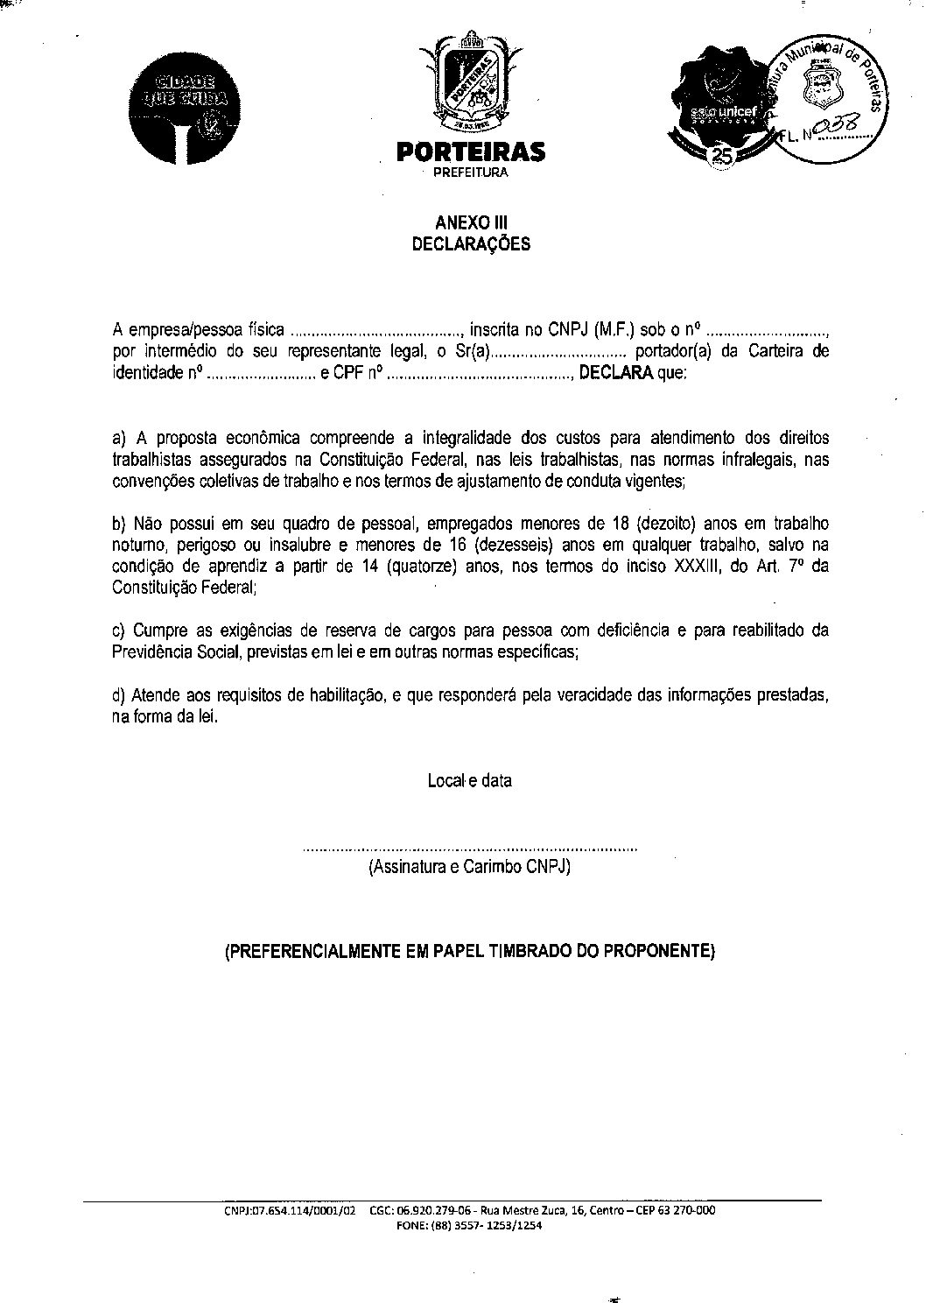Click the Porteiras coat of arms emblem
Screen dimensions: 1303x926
click(x=471, y=83)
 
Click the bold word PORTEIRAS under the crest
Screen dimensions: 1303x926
click(x=471, y=152)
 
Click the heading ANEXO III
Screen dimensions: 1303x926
click(x=471, y=223)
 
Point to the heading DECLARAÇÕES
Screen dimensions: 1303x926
click(x=471, y=244)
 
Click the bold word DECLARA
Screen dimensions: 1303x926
click(x=616, y=374)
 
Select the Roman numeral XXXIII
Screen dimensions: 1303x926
click(x=698, y=567)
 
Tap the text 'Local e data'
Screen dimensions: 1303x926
click(x=470, y=780)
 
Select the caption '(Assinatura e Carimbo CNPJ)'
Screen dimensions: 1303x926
click(x=470, y=868)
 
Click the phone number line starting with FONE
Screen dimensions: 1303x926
click(x=470, y=1226)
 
